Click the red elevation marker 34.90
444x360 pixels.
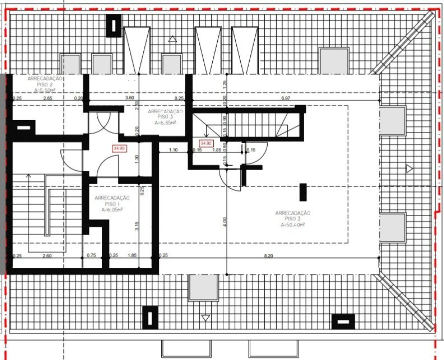pos(119,148)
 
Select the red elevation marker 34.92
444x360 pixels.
pos(206,142)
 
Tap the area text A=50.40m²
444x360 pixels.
pos(292,225)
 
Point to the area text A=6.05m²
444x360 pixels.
pos(112,210)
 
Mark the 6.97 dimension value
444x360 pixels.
pos(286,98)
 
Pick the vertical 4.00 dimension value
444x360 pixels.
pos(225,219)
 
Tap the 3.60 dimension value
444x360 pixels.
pos(129,98)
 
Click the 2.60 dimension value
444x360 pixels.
pos(47,255)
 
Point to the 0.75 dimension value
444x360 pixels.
pos(91,255)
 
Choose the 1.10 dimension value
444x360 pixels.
pos(173,150)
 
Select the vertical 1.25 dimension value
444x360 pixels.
pos(225,83)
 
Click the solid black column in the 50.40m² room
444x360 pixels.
pos(303,191)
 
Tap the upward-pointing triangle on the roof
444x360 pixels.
pos(173,38)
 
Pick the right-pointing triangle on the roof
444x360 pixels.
pos(410,168)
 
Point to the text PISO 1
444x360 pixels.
pos(112,204)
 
